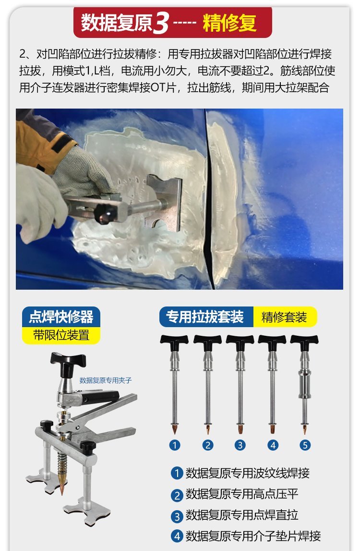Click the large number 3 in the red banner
(161, 23)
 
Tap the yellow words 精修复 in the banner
(229, 23)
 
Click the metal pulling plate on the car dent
(164, 203)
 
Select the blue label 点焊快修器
(61, 317)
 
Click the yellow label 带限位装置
(61, 335)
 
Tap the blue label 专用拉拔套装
(205, 317)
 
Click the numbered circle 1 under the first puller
(175, 445)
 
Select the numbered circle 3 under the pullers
(240, 445)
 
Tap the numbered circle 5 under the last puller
(305, 445)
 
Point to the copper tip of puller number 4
(273, 429)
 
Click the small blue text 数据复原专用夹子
(106, 380)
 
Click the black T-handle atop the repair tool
(68, 362)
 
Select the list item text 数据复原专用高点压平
(241, 494)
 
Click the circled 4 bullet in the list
(177, 536)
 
